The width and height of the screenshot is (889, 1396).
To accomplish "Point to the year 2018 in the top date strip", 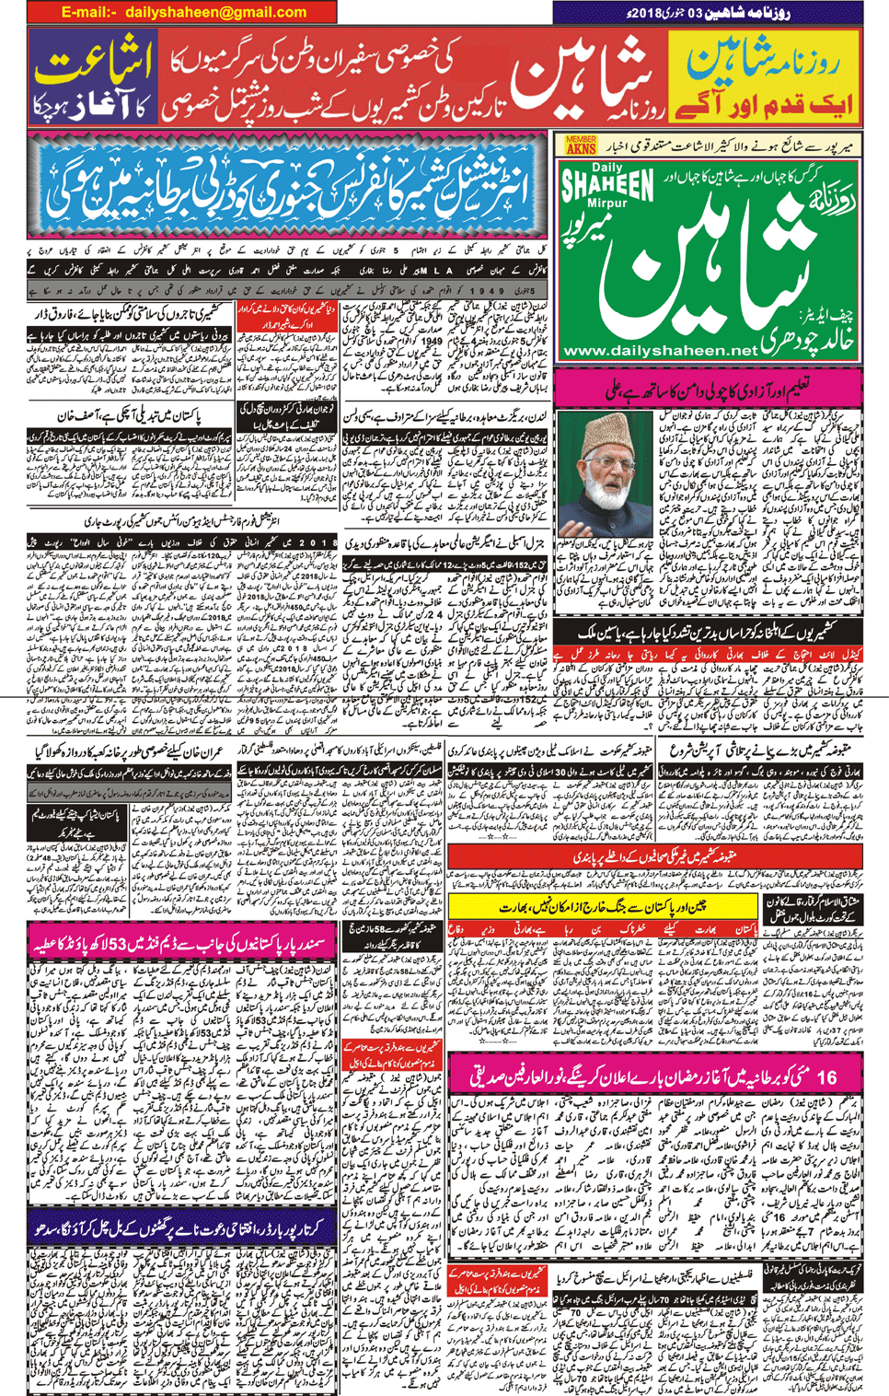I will click(x=676, y=12).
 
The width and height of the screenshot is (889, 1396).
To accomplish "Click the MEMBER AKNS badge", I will click(x=581, y=145).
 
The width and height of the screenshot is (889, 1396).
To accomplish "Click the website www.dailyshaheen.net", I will click(x=659, y=350).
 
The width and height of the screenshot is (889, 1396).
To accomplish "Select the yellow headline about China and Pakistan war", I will click(x=603, y=906).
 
